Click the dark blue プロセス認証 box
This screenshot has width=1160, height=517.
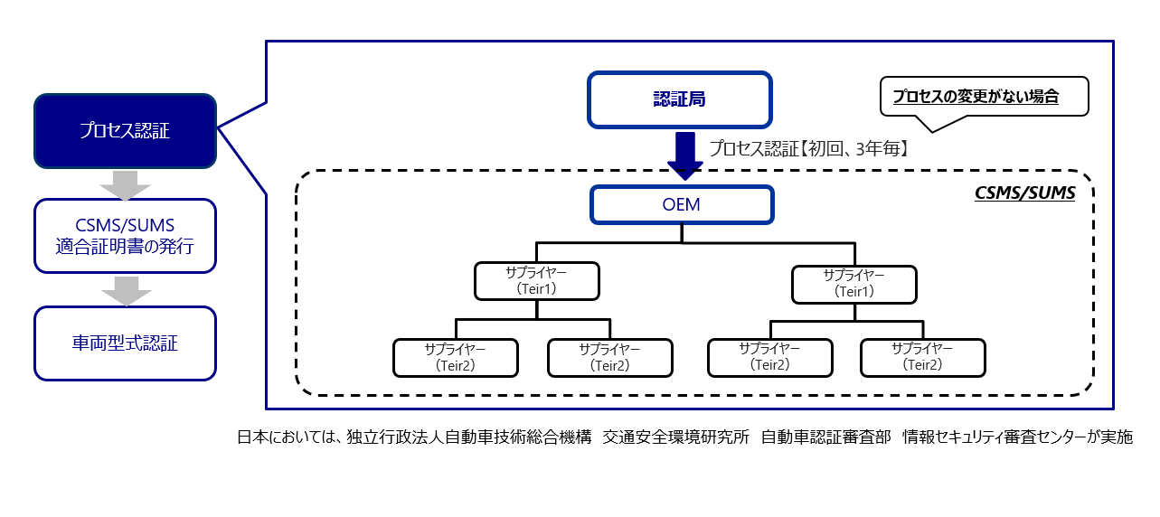coord(125,131)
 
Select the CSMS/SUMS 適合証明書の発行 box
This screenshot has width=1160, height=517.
coord(125,236)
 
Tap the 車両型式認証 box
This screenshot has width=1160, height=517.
coord(125,343)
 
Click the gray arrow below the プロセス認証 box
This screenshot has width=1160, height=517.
coord(126,185)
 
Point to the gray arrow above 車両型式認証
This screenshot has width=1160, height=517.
coord(127,291)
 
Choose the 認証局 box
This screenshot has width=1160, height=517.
coord(680,99)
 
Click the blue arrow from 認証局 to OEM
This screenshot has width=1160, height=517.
coord(685,156)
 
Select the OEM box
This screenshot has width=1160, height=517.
coord(682,205)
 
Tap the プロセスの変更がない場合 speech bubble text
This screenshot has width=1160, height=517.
coord(976,96)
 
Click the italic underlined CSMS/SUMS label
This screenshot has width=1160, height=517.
coord(1025,193)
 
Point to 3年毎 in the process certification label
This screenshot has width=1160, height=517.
coord(878,149)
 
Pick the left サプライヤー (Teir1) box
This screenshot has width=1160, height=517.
coord(537,281)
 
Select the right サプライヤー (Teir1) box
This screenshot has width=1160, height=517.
coord(854,284)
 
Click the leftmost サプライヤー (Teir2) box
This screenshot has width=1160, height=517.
coord(456,358)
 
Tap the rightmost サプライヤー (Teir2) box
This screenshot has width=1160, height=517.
coord(923,357)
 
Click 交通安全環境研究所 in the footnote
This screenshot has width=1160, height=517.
coord(675,437)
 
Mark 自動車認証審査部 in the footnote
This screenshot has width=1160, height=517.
coord(826,437)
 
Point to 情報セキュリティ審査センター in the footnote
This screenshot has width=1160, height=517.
coord(995,437)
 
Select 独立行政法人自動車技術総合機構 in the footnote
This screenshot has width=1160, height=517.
coord(469,437)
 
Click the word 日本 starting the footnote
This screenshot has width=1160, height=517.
coord(253,437)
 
